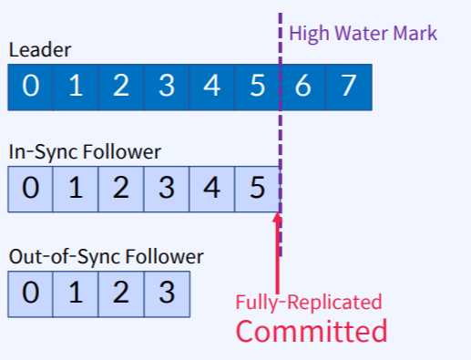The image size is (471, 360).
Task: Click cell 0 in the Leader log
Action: (x=31, y=87)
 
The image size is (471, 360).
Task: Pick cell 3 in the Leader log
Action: (x=167, y=87)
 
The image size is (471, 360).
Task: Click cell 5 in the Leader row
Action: (x=258, y=87)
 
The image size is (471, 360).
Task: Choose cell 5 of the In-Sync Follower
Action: (x=258, y=190)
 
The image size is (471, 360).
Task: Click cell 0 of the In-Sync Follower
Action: (x=31, y=190)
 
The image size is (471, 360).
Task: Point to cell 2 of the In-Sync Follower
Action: (x=121, y=190)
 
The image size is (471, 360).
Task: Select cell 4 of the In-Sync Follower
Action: (x=212, y=190)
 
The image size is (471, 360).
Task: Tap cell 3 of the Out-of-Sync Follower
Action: (x=167, y=294)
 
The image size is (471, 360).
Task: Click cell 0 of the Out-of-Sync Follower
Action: (x=31, y=294)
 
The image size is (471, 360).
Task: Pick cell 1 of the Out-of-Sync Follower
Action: (x=77, y=294)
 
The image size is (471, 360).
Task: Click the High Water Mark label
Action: (x=363, y=35)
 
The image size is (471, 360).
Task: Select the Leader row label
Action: (x=39, y=50)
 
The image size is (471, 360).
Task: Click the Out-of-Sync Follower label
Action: (x=106, y=257)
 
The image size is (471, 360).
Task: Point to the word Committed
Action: (x=312, y=330)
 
